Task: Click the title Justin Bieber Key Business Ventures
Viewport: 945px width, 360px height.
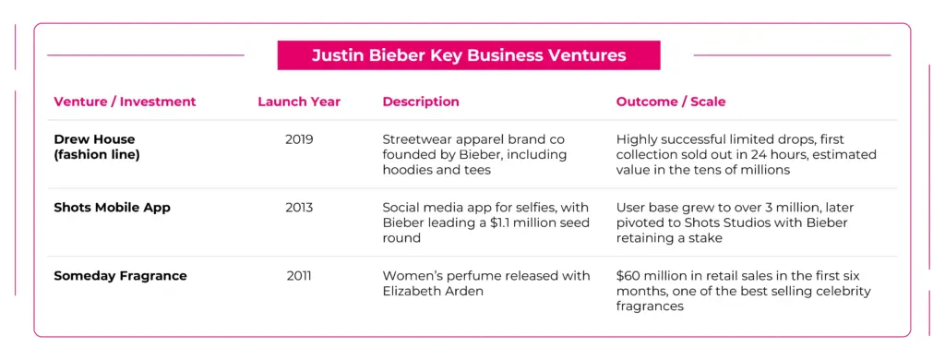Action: click(x=469, y=55)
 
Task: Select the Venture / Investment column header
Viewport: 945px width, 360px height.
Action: click(x=125, y=102)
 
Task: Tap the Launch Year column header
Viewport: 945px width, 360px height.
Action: click(x=299, y=102)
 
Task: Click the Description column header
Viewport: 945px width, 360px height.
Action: click(x=421, y=102)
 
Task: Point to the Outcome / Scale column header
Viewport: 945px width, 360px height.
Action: click(x=671, y=102)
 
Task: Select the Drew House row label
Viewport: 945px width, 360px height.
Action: click(x=94, y=140)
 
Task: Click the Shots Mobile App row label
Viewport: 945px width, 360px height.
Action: click(x=112, y=208)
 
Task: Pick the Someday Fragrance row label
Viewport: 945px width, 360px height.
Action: click(x=120, y=276)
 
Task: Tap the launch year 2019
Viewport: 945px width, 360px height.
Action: click(x=299, y=140)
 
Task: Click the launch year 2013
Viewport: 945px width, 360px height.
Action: click(x=299, y=208)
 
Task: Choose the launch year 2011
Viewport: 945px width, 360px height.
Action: click(x=299, y=276)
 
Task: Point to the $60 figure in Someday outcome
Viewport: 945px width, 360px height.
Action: click(x=629, y=276)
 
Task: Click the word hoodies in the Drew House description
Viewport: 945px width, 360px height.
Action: click(x=407, y=170)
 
